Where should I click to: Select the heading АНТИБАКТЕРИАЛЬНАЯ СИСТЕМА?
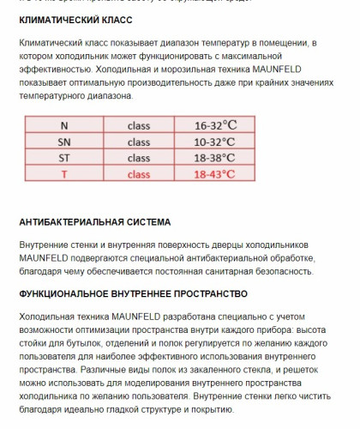pyautogui.click(x=94, y=221)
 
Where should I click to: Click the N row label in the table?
pyautogui.click(x=64, y=125)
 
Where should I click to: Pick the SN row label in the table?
pyautogui.click(x=64, y=142)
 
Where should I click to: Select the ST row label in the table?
pyautogui.click(x=64, y=158)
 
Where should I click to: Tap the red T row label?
pyautogui.click(x=64, y=174)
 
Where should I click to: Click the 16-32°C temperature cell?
pyautogui.click(x=215, y=125)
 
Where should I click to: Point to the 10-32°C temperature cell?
pyautogui.click(x=215, y=142)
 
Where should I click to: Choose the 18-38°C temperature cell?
pyautogui.click(x=215, y=158)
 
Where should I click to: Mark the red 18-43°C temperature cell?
pyautogui.click(x=215, y=174)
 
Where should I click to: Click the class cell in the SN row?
pyautogui.click(x=139, y=142)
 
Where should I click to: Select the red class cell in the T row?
pyautogui.click(x=139, y=174)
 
